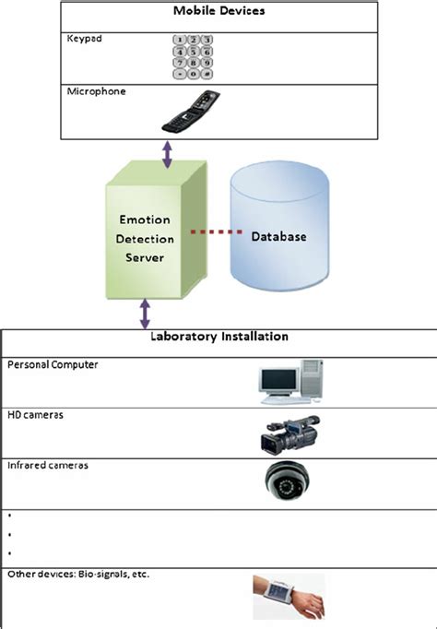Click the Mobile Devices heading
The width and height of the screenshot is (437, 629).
(x=218, y=13)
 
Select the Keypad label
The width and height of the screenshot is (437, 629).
(x=84, y=41)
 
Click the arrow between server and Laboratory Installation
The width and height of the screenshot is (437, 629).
(x=145, y=313)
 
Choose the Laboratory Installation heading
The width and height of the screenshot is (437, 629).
(x=218, y=338)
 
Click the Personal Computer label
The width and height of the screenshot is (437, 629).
(x=53, y=364)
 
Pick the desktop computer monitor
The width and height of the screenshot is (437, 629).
(x=278, y=383)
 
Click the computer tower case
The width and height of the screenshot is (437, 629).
(x=312, y=380)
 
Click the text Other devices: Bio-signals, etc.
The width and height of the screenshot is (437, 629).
(x=78, y=574)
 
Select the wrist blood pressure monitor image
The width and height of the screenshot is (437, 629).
(x=288, y=596)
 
